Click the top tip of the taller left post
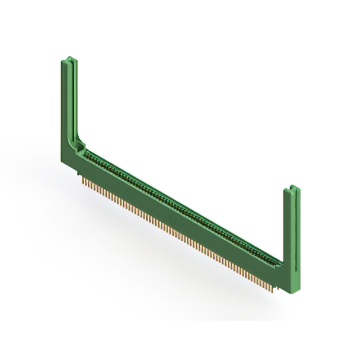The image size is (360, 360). pos(68,58)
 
